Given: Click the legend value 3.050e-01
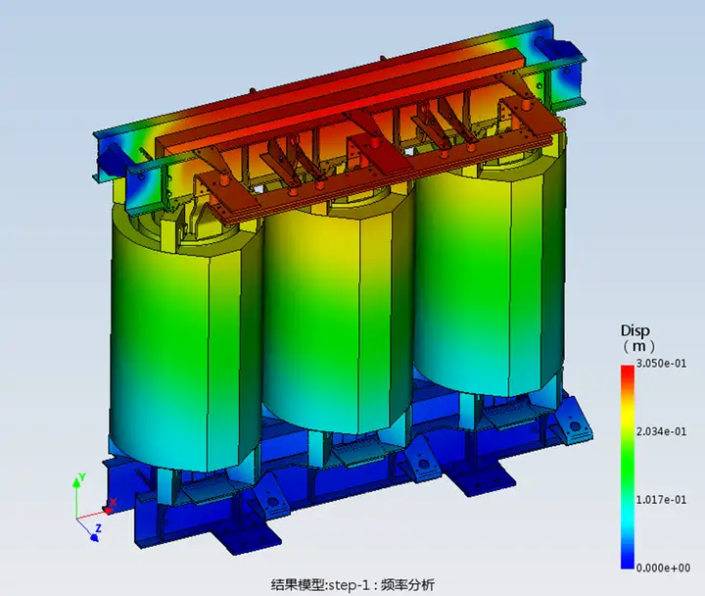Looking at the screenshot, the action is [x=661, y=364].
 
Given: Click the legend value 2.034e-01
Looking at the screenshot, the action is [x=661, y=431].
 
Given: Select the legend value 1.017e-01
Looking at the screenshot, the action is [x=661, y=500].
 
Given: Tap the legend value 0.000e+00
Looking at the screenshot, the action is [x=663, y=569].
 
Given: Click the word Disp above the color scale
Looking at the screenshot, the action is [x=635, y=331].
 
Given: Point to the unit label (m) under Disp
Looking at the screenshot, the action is [x=638, y=346].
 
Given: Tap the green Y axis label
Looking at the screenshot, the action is [x=82, y=477].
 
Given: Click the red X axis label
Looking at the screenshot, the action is [x=114, y=502].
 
